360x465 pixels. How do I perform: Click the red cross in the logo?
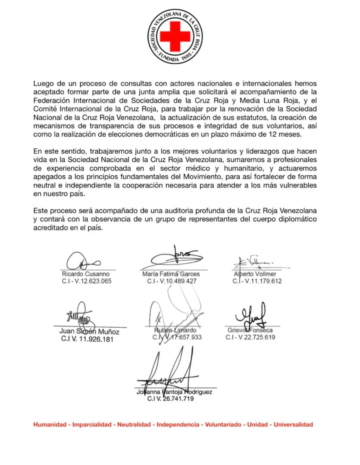click(175, 36)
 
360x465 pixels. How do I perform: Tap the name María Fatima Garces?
click(171, 274)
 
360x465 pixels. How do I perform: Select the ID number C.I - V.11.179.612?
click(257, 281)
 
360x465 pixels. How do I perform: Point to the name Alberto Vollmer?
click(255, 274)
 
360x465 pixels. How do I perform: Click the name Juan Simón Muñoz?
click(89, 331)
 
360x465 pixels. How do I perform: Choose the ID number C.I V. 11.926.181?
click(87, 339)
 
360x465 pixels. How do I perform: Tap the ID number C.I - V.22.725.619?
click(250, 337)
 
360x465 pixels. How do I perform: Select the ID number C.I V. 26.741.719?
click(170, 399)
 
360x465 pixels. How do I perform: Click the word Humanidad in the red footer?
click(50, 424)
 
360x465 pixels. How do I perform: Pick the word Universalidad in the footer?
click(293, 424)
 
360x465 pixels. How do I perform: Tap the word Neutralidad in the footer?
click(134, 424)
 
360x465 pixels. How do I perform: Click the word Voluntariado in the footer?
click(223, 424)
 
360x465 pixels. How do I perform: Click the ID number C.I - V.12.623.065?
click(87, 281)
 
